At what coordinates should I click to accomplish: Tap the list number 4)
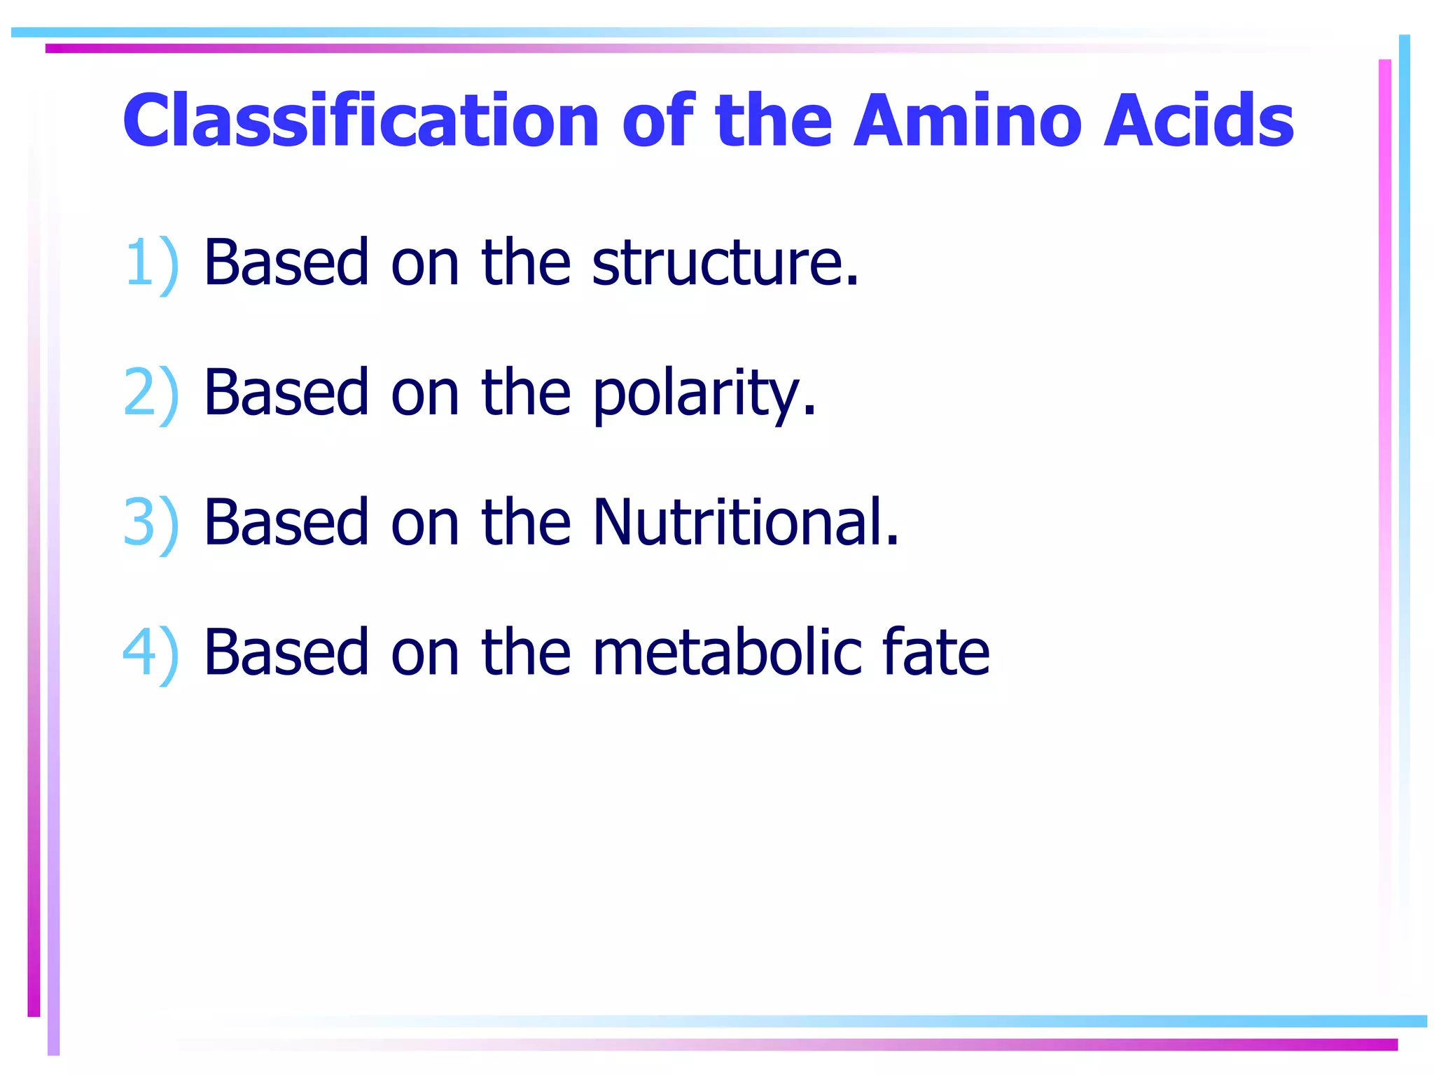coord(151,652)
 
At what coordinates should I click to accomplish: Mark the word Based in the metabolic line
coord(286,652)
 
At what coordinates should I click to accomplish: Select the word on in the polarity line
coord(424,394)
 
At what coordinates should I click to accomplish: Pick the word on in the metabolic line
coord(424,654)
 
